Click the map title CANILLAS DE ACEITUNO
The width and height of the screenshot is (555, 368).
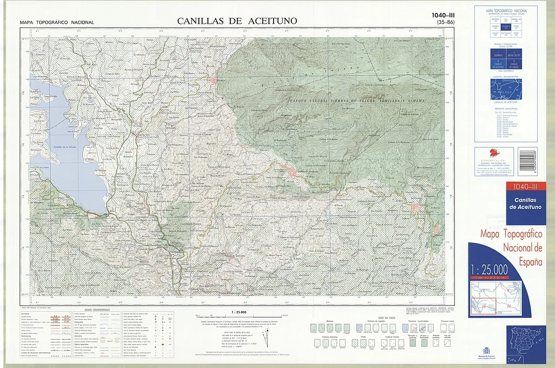(237, 21)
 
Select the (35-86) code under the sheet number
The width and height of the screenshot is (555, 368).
(446, 22)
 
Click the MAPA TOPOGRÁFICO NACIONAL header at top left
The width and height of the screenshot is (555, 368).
(56, 23)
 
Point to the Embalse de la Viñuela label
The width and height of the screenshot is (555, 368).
(64, 147)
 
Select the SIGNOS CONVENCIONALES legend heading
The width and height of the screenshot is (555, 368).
(98, 310)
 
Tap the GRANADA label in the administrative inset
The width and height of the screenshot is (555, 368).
(507, 81)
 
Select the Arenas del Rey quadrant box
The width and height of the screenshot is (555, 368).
(514, 55)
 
